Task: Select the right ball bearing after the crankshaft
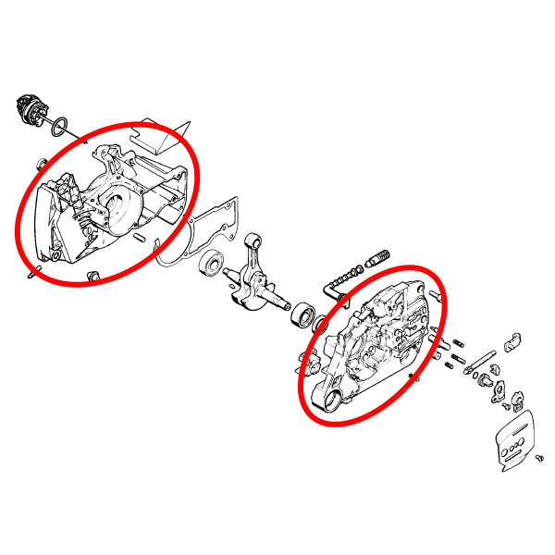pyautogui.click(x=302, y=314)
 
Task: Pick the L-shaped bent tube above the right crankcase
pyautogui.click(x=332, y=289)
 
